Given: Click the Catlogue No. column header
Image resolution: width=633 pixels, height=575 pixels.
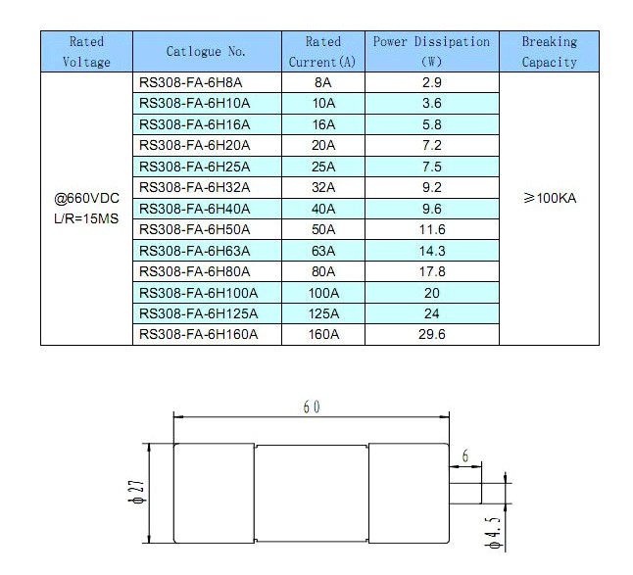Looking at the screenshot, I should (206, 52).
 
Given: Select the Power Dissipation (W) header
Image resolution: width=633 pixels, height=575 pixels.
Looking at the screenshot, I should (431, 52).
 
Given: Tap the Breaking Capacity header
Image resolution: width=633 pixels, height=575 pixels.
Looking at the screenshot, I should (549, 52).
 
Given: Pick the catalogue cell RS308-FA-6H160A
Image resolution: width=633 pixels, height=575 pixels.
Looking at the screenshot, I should (198, 334).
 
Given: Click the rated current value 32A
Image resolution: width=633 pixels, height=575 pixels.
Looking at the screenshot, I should (322, 188).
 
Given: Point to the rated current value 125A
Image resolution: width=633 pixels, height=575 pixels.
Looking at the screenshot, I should (322, 313).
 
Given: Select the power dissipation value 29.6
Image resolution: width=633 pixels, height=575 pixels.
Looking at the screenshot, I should (431, 334).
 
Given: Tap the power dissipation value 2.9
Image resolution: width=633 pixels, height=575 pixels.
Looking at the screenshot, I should (431, 83).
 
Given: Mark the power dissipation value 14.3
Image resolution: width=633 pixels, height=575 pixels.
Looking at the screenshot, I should (431, 251).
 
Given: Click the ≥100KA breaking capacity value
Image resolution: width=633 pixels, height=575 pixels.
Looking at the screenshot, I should (550, 198).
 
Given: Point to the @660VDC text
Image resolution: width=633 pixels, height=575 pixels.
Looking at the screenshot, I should (86, 198).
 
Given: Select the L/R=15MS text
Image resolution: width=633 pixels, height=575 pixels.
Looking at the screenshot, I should (86, 217).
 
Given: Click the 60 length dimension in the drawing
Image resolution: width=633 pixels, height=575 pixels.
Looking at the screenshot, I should (312, 407).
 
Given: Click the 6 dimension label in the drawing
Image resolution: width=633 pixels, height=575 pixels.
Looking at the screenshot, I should (465, 456).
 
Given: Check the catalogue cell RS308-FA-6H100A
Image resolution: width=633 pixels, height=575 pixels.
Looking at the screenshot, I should (198, 293).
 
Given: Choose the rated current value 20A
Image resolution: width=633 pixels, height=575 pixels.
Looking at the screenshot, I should (322, 146).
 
